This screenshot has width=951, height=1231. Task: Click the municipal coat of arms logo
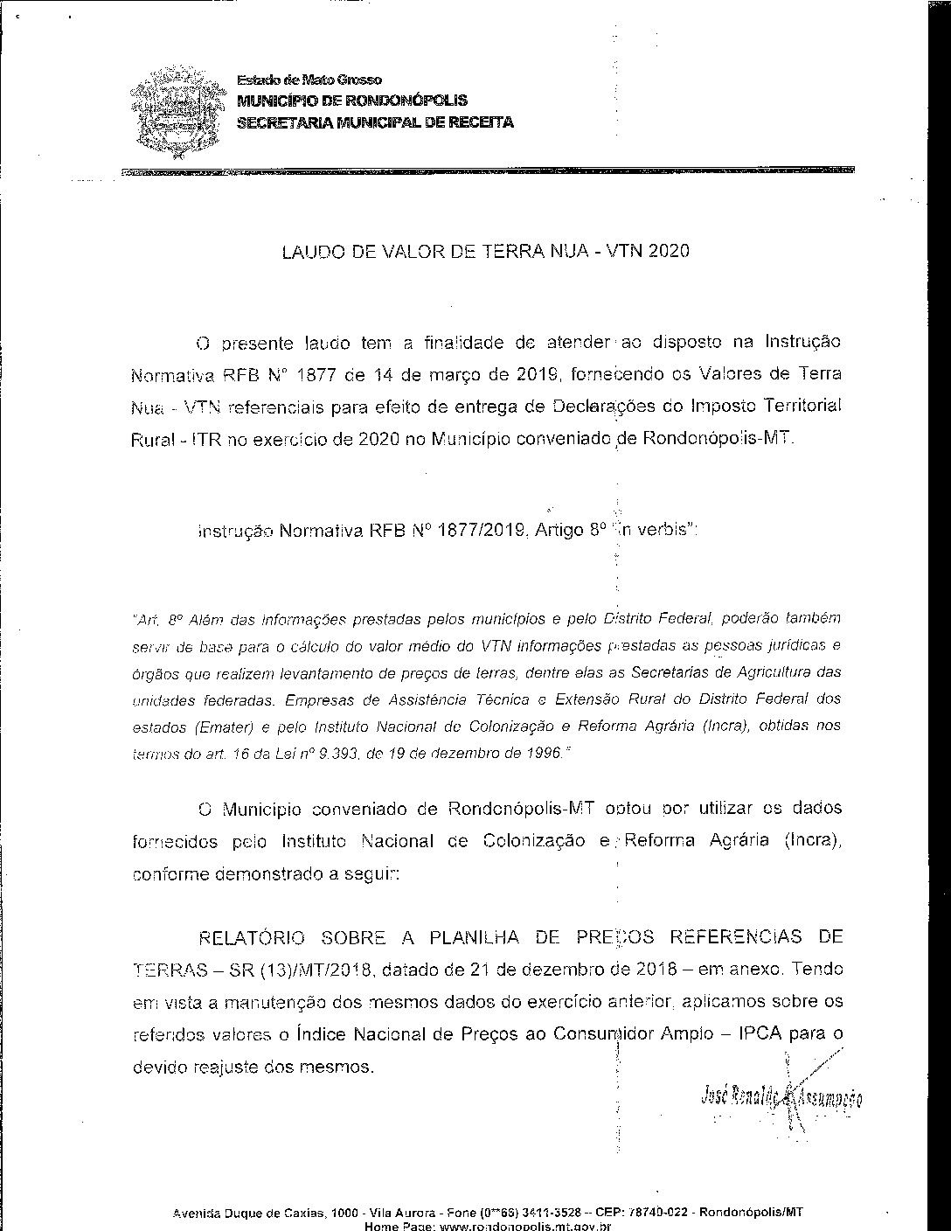tap(175, 112)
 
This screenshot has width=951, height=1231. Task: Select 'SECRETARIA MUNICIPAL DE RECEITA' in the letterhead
tap(376, 122)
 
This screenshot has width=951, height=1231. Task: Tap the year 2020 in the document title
tap(670, 252)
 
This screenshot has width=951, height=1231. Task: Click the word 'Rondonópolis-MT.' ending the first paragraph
tap(719, 439)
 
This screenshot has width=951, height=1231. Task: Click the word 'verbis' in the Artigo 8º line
tap(664, 530)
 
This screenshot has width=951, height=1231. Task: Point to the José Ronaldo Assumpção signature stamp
tap(781, 1096)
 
